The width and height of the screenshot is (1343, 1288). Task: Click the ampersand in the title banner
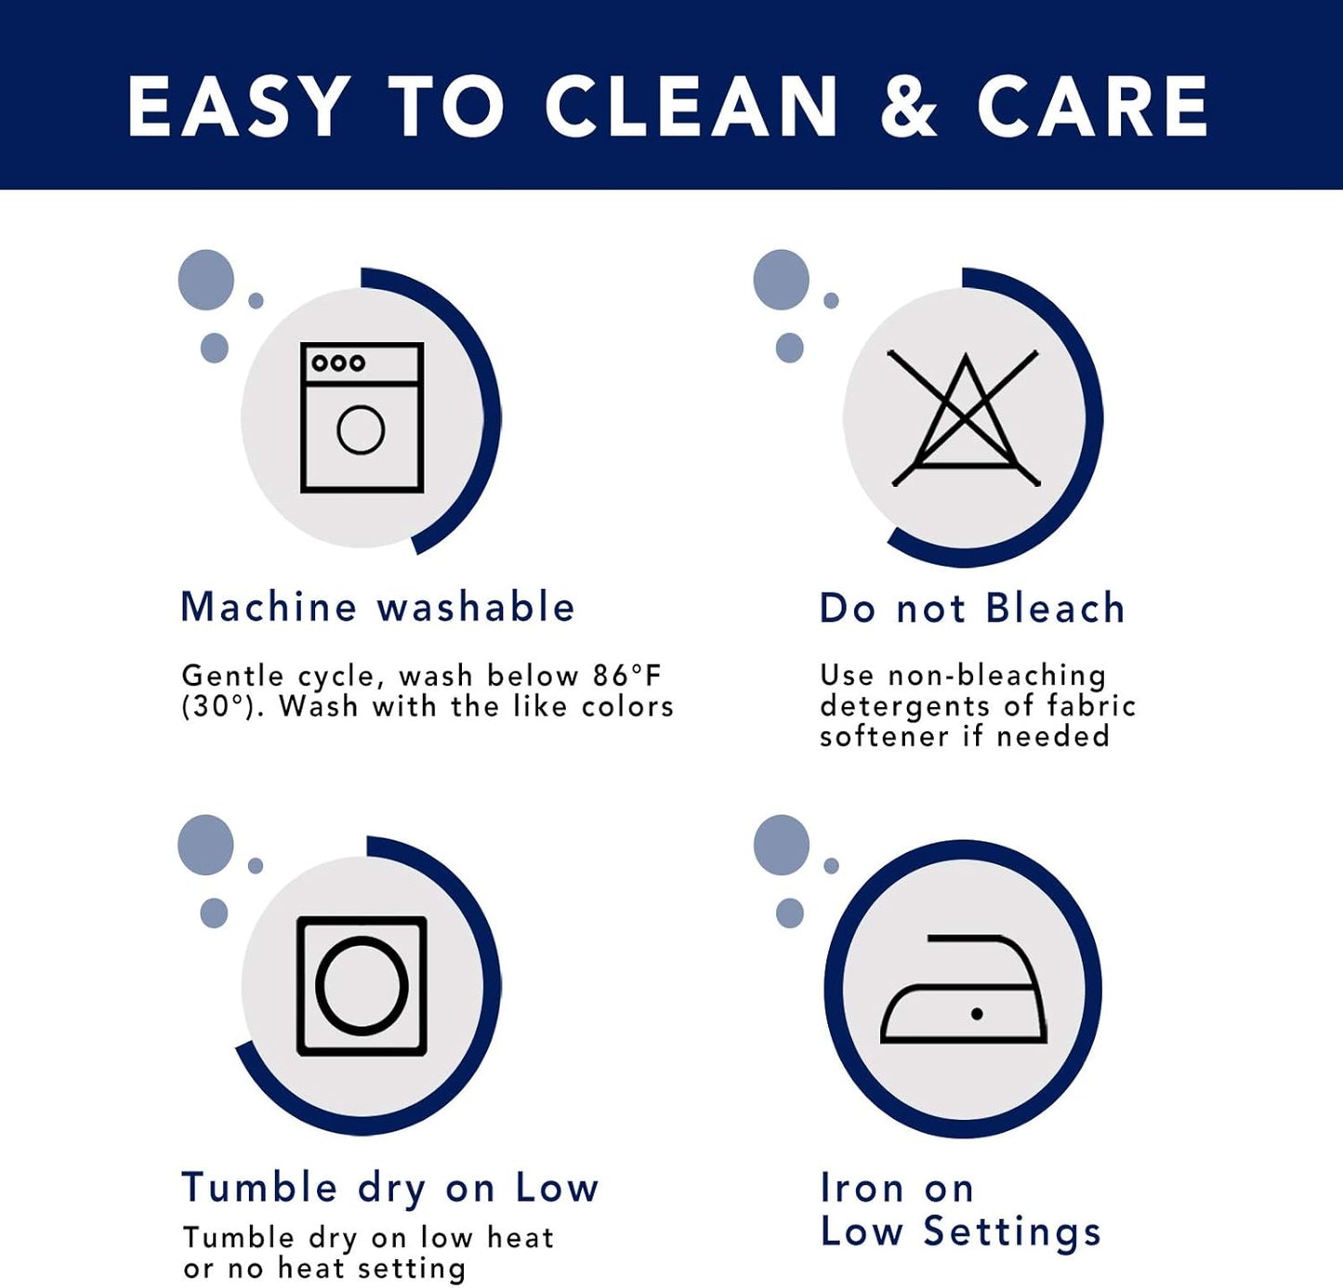909,107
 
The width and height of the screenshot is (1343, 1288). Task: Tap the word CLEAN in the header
691,107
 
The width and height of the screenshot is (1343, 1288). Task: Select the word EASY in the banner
235,107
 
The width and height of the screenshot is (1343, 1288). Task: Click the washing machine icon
362,417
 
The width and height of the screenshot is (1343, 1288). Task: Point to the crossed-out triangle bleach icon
965,418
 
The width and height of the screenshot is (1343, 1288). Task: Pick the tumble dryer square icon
362,986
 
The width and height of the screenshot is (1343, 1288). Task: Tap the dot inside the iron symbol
977,1014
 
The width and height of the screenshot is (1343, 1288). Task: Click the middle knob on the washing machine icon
338,362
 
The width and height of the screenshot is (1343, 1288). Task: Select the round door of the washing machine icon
361,429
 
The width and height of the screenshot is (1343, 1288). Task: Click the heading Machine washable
377,607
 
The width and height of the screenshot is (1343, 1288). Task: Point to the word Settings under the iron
1012,1233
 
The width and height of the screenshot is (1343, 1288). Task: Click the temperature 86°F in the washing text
626,676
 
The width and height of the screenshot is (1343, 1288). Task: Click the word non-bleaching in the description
996,677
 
